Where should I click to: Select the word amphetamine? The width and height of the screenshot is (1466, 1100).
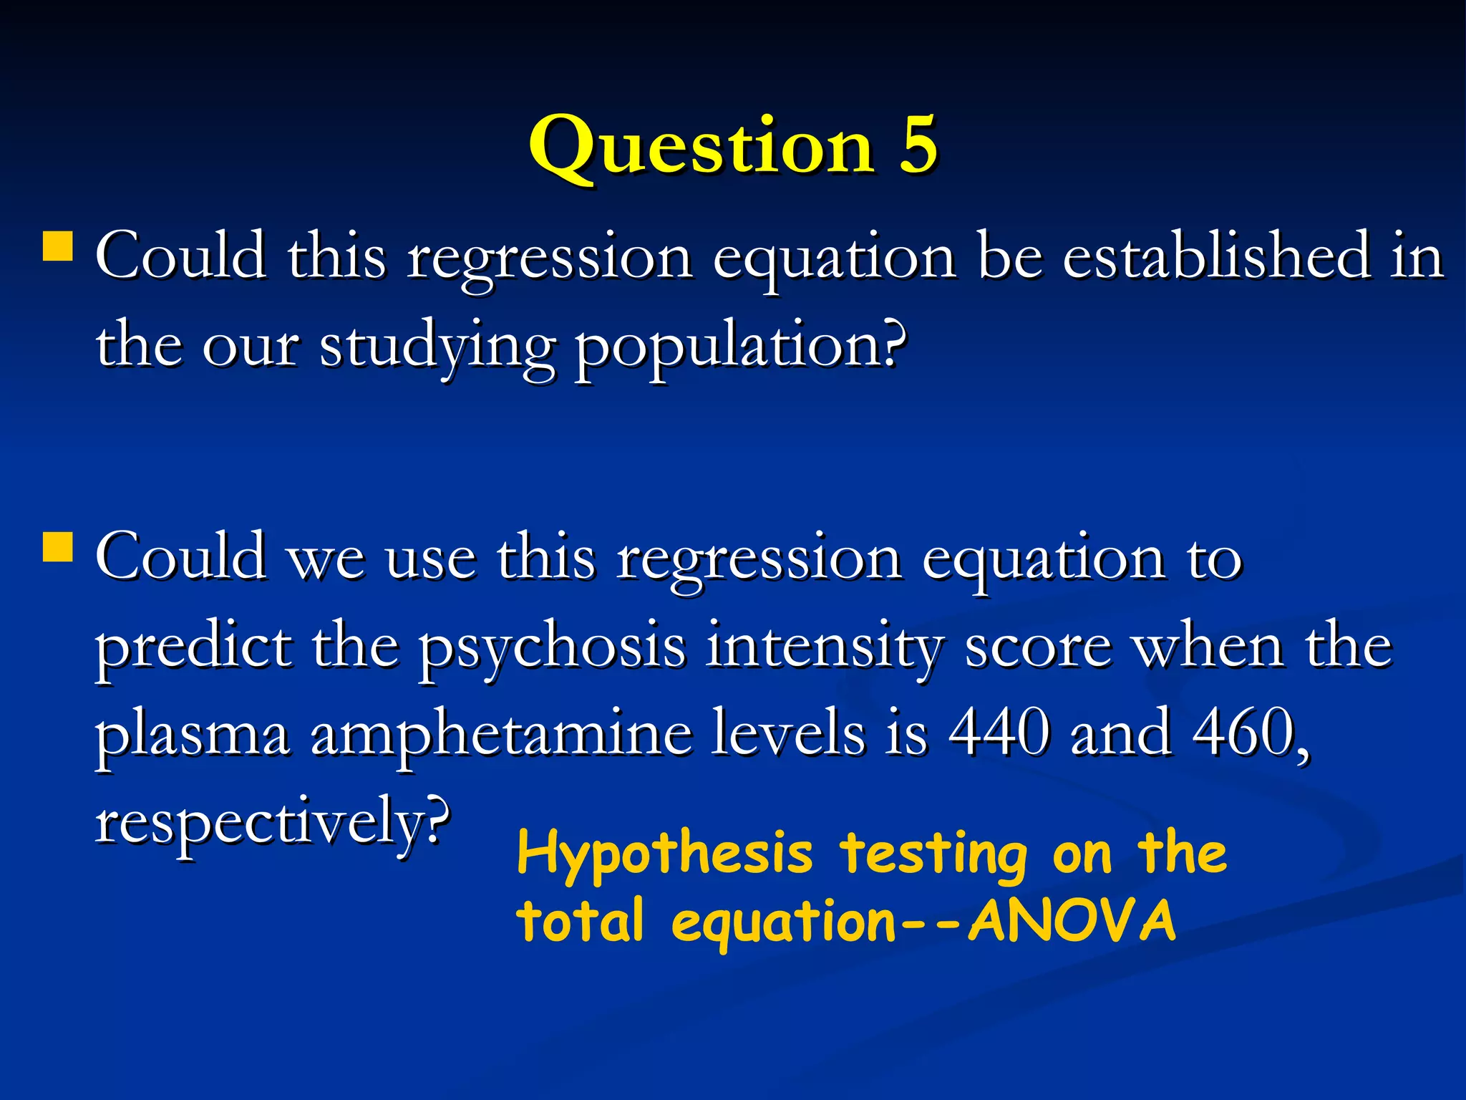point(501,735)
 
